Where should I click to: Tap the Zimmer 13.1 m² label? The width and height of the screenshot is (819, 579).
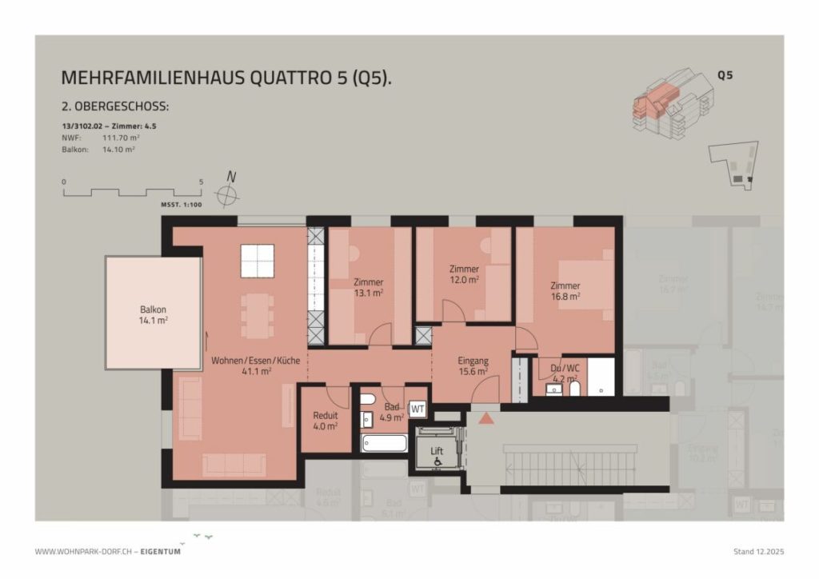point(368,287)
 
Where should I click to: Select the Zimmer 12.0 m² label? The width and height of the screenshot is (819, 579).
point(464,274)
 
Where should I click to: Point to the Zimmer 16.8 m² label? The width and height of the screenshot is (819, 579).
point(565,290)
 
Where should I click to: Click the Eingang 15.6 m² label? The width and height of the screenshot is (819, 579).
point(473,366)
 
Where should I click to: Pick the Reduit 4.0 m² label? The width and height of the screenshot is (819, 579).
point(326,421)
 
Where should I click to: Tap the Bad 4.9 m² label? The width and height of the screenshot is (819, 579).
point(391,412)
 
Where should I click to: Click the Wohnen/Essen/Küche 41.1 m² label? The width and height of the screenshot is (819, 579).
point(255,366)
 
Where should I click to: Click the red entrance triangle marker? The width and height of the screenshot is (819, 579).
point(484,417)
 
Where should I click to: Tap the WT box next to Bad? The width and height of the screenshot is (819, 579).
point(417,409)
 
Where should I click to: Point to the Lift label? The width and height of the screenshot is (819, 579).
point(437,451)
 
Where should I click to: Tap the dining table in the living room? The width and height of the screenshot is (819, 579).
point(258,315)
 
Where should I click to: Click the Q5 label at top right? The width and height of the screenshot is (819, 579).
point(725,77)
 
